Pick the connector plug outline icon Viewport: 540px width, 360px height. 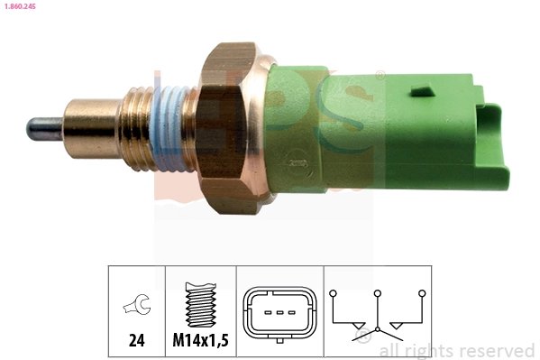point(279,312)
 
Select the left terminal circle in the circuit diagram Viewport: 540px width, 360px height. point(333,292)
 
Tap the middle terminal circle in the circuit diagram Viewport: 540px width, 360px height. point(378,292)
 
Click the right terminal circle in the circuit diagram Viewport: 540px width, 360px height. point(421,292)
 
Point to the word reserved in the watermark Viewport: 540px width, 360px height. point(497,350)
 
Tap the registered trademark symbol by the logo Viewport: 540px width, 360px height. point(380,75)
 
